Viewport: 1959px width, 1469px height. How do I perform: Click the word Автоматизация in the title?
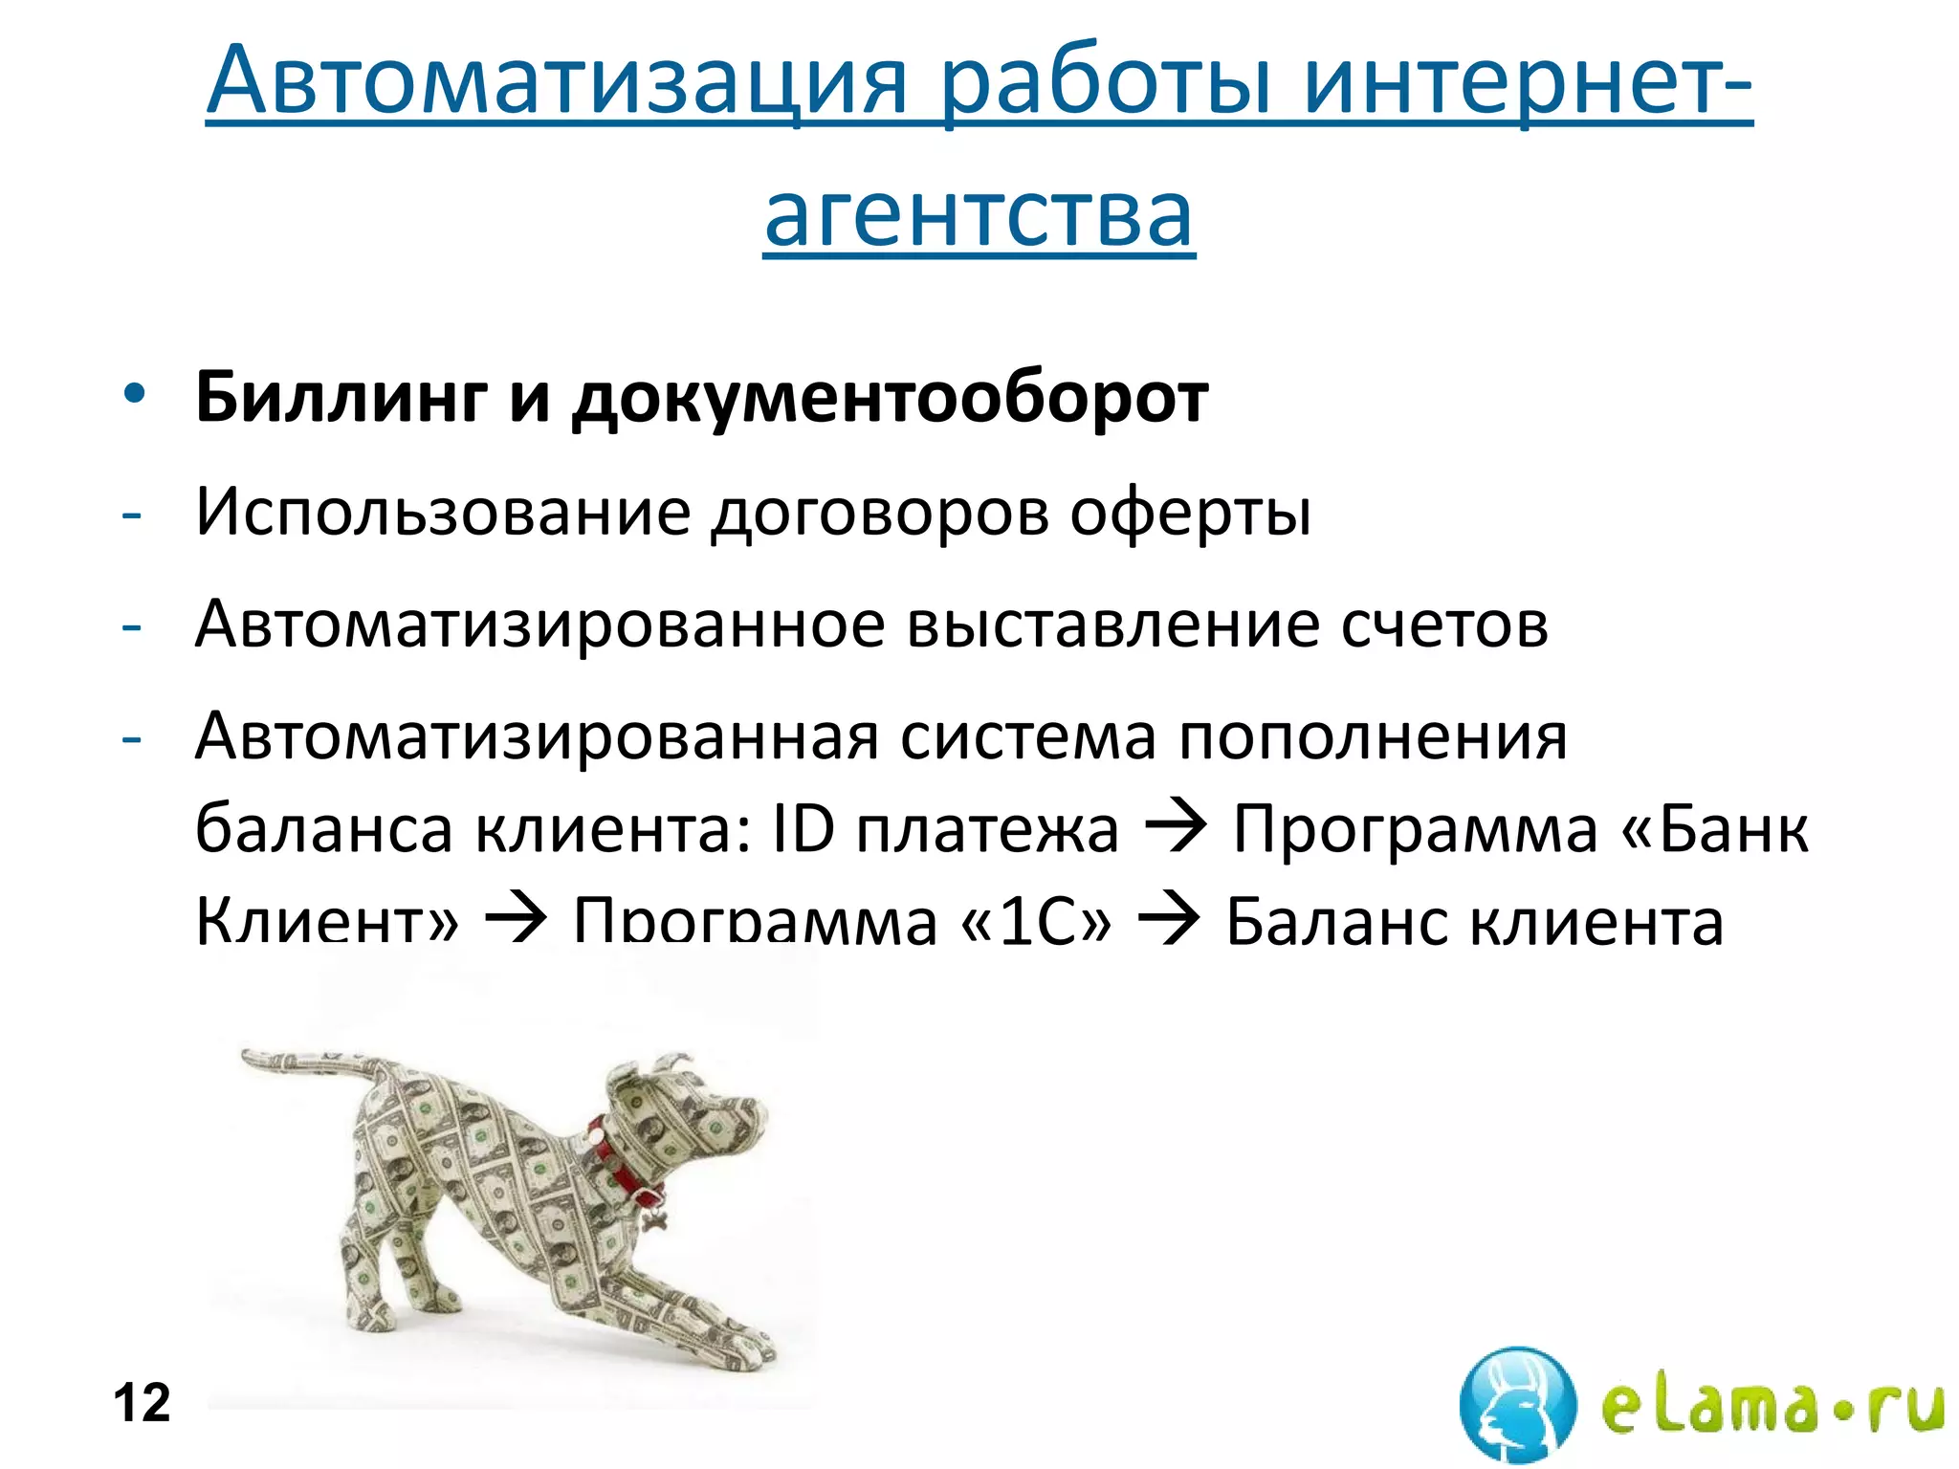(x=555, y=80)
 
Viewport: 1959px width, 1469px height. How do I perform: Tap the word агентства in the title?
(x=979, y=214)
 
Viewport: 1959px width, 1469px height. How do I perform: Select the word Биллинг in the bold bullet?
(x=341, y=397)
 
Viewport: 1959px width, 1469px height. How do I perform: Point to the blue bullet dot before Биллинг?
(x=134, y=394)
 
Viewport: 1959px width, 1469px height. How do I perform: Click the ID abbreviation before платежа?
(x=803, y=828)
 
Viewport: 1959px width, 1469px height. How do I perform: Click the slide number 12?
(x=142, y=1403)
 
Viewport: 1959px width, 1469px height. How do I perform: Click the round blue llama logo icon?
(x=1518, y=1404)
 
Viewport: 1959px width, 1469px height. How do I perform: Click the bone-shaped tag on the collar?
(x=656, y=1219)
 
